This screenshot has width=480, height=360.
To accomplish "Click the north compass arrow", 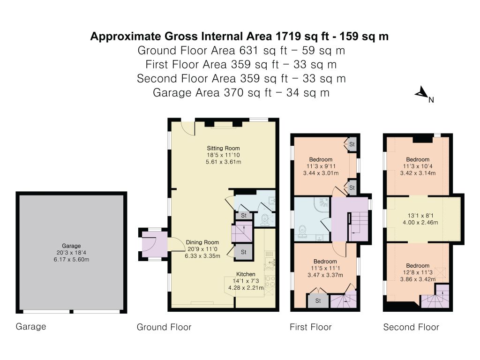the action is click(x=421, y=92).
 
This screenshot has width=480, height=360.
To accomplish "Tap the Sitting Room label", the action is click(x=223, y=148).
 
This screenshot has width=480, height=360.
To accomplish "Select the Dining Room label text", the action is click(x=202, y=242).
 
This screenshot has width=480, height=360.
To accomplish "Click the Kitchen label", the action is click(x=246, y=274).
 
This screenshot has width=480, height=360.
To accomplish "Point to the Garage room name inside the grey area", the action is click(x=71, y=246).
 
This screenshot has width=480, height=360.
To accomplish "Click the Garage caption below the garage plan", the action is click(x=31, y=326).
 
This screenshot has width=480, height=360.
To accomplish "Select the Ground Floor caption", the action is click(x=164, y=327).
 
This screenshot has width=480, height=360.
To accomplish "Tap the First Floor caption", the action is click(x=311, y=327).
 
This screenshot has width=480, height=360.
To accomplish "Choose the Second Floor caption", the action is click(x=411, y=327).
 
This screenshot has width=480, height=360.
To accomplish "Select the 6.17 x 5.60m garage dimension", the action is click(x=71, y=259).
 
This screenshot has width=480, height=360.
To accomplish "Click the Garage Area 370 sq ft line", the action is click(x=241, y=92).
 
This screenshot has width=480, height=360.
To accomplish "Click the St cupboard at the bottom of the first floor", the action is click(x=318, y=301).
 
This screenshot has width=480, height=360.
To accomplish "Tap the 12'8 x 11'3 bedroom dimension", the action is click(x=418, y=272).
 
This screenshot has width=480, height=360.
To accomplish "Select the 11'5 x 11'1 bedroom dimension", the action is click(x=325, y=268).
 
